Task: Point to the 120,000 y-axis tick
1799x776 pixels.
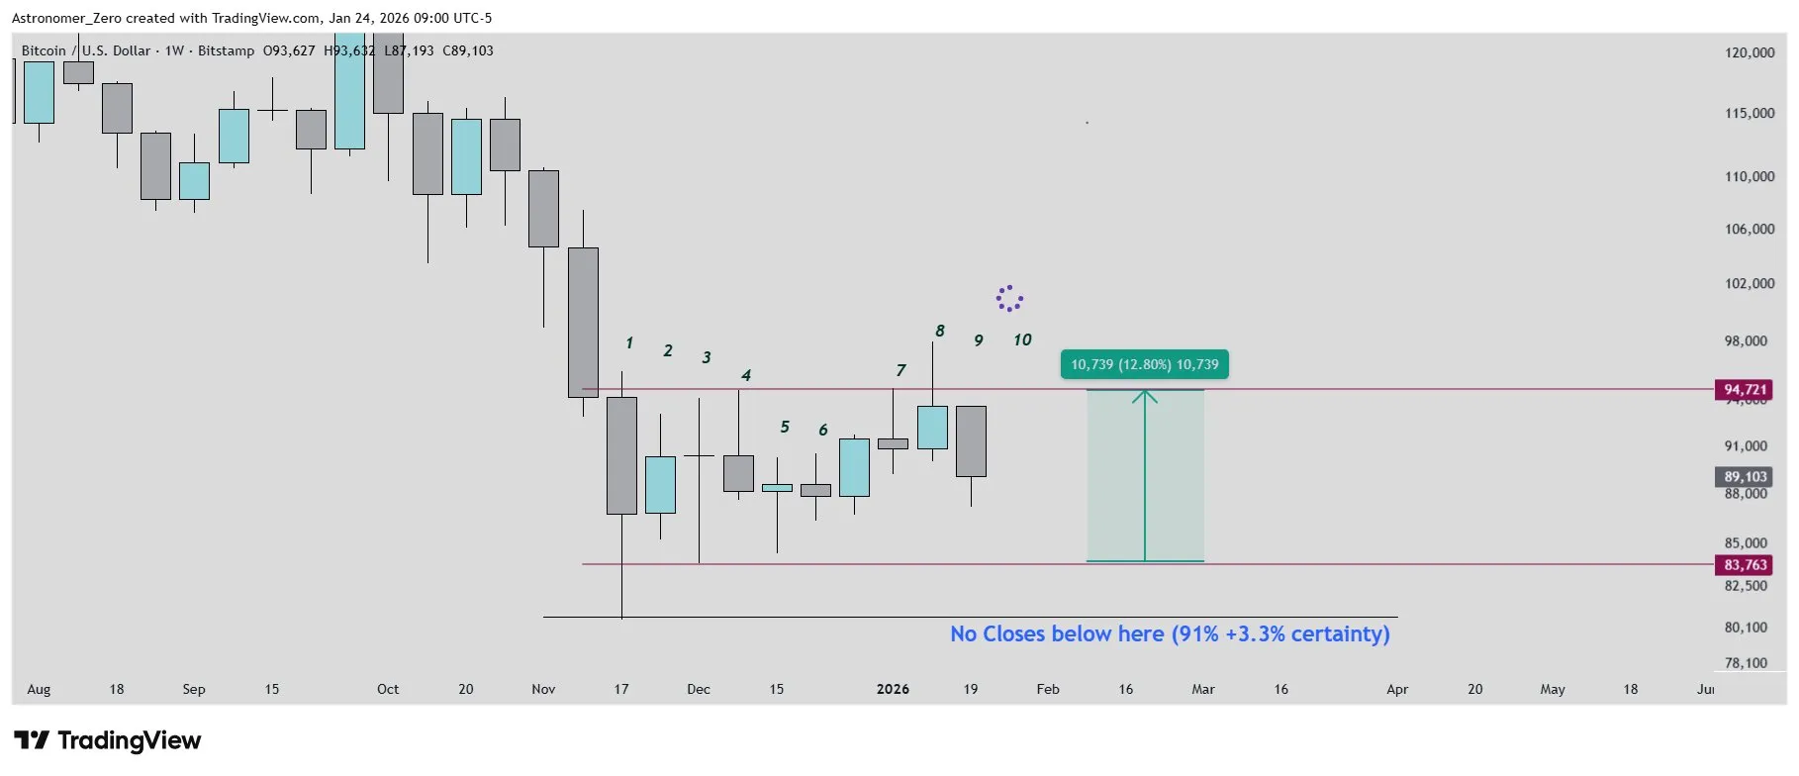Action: [x=1750, y=52]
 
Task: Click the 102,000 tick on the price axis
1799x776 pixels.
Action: [x=1750, y=283]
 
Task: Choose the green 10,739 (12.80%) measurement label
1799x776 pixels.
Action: [x=1144, y=364]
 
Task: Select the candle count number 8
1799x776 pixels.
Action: [x=939, y=331]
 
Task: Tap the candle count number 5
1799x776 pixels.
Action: [x=785, y=427]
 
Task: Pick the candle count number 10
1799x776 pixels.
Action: [x=1022, y=340]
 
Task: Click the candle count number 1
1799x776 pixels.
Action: [x=629, y=343]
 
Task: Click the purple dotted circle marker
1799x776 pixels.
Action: [x=1009, y=298]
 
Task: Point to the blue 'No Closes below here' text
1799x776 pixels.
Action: [x=1170, y=633]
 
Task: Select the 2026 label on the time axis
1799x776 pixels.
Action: [x=893, y=689]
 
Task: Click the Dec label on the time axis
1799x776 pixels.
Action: [x=699, y=689]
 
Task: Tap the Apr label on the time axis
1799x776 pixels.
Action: [x=1397, y=689]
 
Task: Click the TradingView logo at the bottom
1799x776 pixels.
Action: [x=108, y=740]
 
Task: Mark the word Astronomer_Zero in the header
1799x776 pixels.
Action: [x=66, y=18]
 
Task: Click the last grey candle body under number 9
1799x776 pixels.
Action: [x=971, y=441]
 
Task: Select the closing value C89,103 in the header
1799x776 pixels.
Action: [x=468, y=50]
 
